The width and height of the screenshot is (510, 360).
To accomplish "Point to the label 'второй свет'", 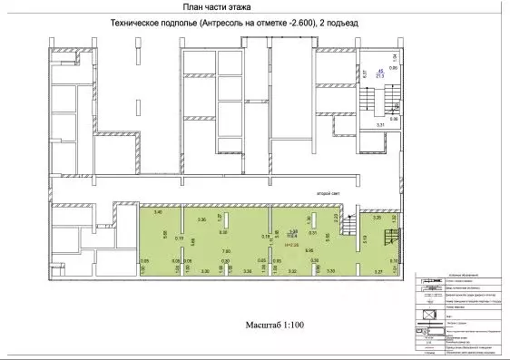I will tap(328, 194).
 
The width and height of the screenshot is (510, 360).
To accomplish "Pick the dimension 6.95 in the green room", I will tap(309, 251).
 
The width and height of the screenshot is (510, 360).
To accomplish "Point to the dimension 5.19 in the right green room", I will tap(364, 239).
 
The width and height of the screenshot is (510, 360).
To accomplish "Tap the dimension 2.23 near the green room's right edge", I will tap(336, 219).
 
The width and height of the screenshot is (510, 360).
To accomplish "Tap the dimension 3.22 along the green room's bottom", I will tap(292, 271).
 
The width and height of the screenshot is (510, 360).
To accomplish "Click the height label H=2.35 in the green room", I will tap(292, 245).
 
